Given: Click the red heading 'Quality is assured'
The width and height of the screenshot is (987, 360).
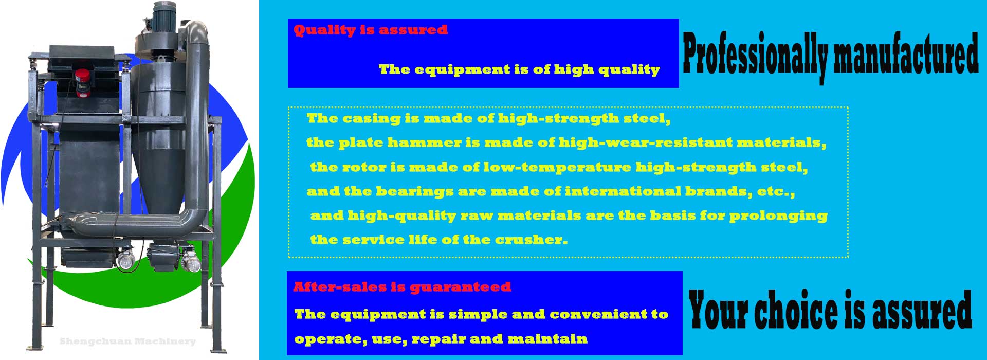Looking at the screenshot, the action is coord(371,30).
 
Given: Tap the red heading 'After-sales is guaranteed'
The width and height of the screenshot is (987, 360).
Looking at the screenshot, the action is coord(402,287).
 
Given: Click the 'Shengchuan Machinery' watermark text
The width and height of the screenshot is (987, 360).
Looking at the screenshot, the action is coord(127,341).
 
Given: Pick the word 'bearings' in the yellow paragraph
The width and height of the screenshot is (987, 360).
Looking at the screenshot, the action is coord(414,192).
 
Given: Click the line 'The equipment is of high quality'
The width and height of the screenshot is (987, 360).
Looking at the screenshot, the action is coord(519,69).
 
